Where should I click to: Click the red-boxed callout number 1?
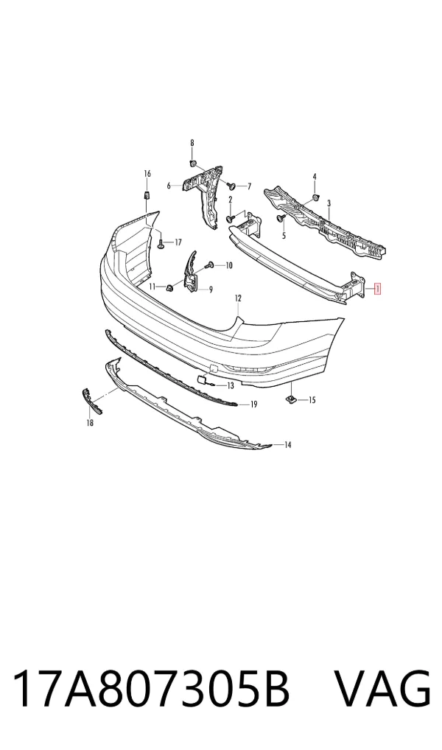(x=378, y=288)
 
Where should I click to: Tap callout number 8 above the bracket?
(x=192, y=142)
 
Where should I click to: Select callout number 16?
(x=147, y=173)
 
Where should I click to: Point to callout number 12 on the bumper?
(x=238, y=298)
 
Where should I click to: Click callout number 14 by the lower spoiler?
(x=287, y=445)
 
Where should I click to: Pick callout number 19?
(x=253, y=404)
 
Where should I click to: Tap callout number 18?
(x=90, y=422)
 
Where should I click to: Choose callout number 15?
(x=312, y=400)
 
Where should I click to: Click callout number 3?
(x=329, y=204)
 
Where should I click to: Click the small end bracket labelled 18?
(x=92, y=402)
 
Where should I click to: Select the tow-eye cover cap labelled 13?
(x=201, y=379)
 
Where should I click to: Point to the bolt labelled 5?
(x=281, y=218)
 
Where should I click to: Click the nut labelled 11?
(x=169, y=287)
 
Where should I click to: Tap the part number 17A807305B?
(x=150, y=690)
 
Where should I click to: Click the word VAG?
(x=382, y=690)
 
